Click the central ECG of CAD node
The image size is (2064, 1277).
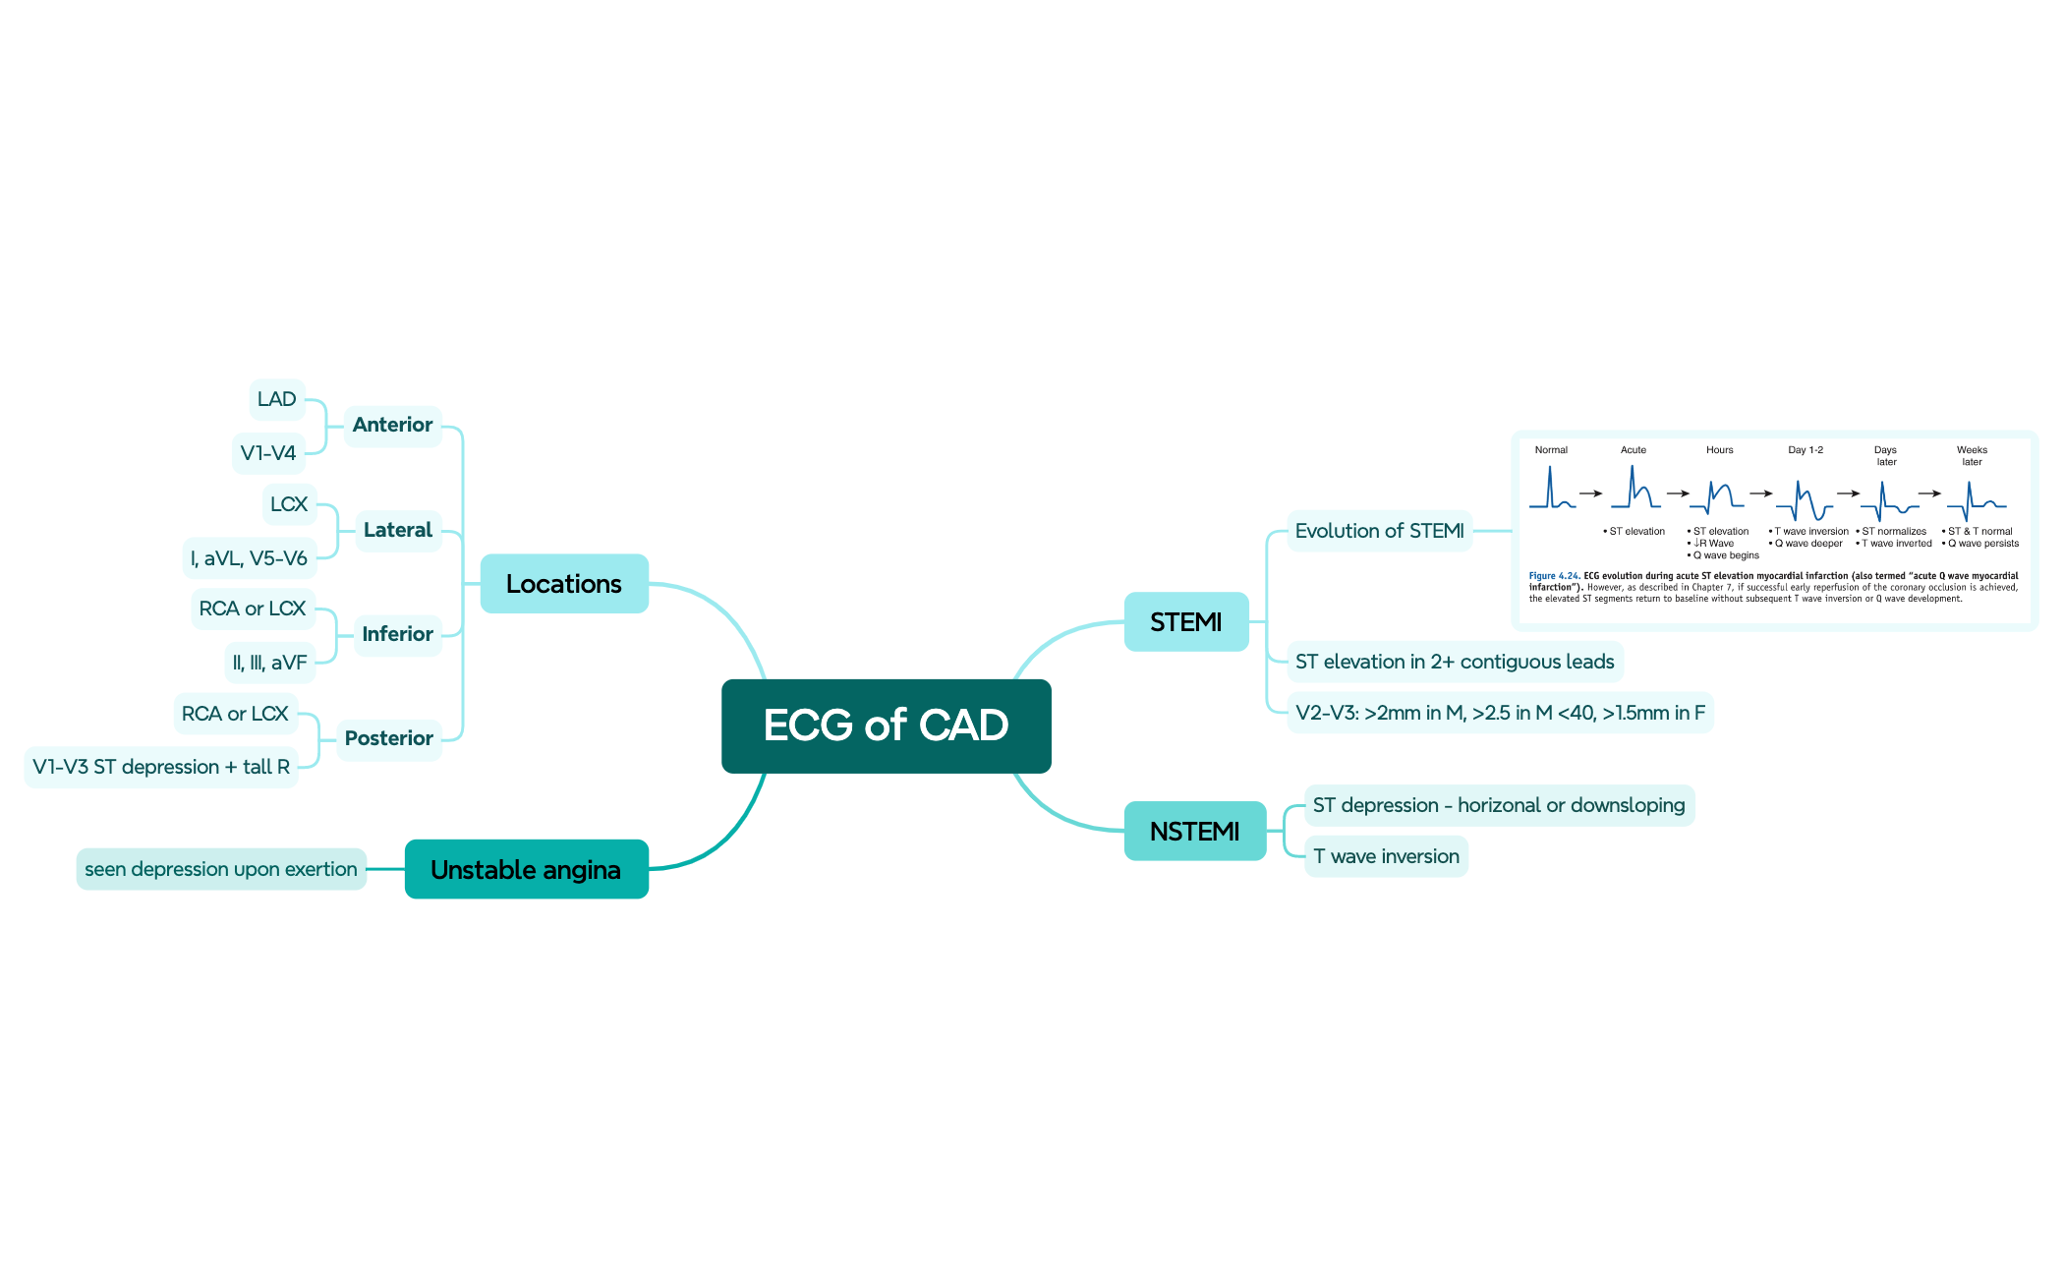tap(886, 726)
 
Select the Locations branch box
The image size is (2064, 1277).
tap(564, 584)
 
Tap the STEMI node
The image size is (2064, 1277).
tap(1186, 621)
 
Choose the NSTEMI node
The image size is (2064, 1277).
tap(1195, 831)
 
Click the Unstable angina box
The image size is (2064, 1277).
tap(526, 869)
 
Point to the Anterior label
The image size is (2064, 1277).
tap(392, 425)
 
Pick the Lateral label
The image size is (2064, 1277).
tap(397, 530)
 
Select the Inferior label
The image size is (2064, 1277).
tap(397, 634)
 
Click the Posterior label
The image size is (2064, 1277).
tap(388, 738)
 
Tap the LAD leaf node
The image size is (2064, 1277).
tap(277, 399)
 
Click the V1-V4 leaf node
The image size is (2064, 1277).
tap(268, 453)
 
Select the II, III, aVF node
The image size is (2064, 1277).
tap(269, 663)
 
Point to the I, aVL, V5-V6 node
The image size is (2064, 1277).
tap(249, 558)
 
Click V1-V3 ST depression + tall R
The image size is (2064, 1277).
tap(161, 767)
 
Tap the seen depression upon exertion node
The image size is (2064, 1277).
tap(221, 869)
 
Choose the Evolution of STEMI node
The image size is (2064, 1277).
tap(1380, 531)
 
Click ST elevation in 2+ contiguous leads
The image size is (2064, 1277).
tap(1455, 662)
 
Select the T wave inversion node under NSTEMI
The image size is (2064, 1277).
tap(1386, 856)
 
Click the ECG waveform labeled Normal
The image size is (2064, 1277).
tap(1552, 488)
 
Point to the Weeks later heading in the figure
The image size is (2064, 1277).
tap(1972, 455)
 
